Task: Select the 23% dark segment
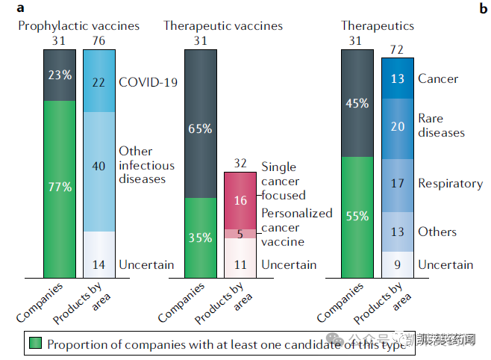(60, 75)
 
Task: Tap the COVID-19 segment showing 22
(99, 81)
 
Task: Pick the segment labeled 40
(99, 171)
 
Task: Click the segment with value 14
(99, 264)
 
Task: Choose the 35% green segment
(200, 238)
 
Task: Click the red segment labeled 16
(241, 200)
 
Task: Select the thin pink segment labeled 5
(241, 233)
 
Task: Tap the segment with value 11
(241, 264)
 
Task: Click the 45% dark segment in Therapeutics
(357, 103)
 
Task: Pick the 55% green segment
(357, 217)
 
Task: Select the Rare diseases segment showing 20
(397, 125)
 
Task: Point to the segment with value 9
(397, 264)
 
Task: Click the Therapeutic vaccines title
(223, 26)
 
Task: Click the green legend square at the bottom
(35, 344)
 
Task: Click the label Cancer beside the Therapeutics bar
(438, 78)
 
